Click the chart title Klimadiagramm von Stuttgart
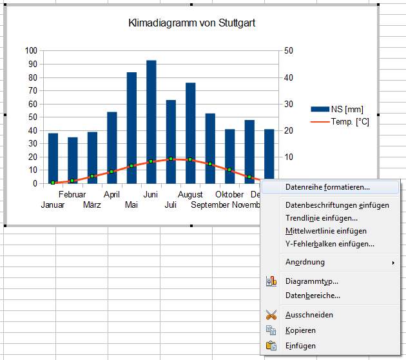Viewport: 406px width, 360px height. [x=192, y=24]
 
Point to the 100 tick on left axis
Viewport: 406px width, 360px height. [x=32, y=51]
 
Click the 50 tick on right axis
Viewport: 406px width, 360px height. [x=289, y=51]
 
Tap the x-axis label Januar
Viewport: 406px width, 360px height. [x=53, y=205]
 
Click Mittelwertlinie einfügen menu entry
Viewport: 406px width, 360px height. [x=326, y=231]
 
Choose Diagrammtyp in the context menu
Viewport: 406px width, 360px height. [x=312, y=281]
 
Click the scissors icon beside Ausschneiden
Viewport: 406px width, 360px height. [x=271, y=315]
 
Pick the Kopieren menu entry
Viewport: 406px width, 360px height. [x=300, y=330]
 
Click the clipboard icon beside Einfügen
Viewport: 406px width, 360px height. [x=271, y=346]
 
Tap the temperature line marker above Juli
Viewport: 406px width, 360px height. [x=171, y=159]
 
